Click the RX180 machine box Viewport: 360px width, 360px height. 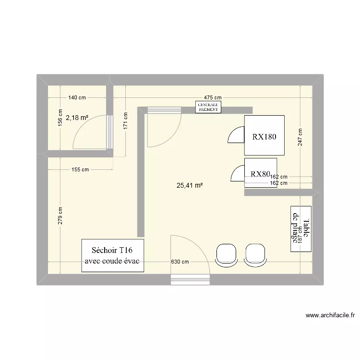click(x=264, y=136)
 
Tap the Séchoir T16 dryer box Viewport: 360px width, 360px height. click(x=113, y=255)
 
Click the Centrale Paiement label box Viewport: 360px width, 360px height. click(x=208, y=107)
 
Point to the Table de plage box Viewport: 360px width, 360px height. click(x=301, y=228)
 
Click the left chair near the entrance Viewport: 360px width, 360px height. click(x=226, y=254)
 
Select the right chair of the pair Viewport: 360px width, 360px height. click(x=254, y=254)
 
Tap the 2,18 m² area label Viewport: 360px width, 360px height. click(x=77, y=117)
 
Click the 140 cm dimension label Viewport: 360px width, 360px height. click(x=77, y=98)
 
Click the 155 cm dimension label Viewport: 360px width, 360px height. click(x=80, y=169)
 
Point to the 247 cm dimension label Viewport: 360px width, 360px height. click(x=300, y=138)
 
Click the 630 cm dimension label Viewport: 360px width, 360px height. click(x=180, y=262)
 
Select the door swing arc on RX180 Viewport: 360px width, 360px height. click(x=236, y=135)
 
